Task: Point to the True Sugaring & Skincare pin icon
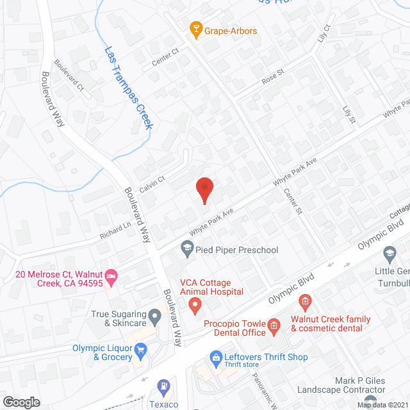(x=154, y=315)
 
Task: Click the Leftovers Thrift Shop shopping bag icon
(x=215, y=357)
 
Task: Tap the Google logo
(x=21, y=402)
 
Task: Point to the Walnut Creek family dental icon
(x=306, y=300)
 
